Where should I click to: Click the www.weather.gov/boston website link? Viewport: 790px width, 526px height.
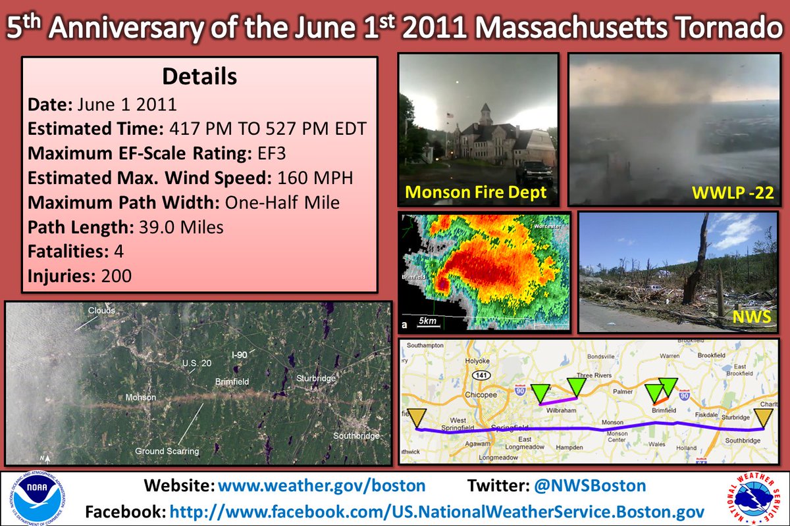[x=321, y=486]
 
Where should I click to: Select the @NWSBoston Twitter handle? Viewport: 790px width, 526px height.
[x=589, y=486]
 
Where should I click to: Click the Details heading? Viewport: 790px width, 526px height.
[x=199, y=76]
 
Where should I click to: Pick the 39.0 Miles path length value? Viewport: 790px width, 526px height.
[x=182, y=227]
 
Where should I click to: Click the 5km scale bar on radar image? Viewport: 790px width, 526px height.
[x=429, y=322]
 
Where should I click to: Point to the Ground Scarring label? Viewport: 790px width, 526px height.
[x=167, y=451]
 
